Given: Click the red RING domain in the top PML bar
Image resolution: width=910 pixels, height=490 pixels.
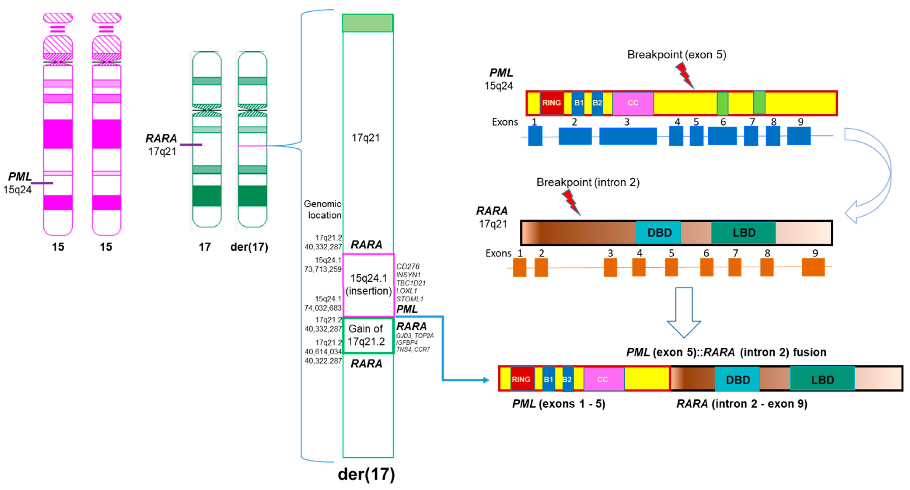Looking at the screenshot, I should click(x=551, y=103).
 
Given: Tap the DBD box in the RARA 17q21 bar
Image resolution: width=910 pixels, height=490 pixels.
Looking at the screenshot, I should click(x=659, y=233).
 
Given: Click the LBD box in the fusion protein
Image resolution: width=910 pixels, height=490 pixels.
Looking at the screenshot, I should click(x=822, y=379).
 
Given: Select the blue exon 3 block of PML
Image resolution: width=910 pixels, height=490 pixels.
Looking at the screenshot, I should click(x=628, y=136).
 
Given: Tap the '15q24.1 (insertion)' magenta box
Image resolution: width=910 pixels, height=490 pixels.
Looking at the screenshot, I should click(x=368, y=285).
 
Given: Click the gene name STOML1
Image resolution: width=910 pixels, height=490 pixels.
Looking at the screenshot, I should click(x=409, y=299).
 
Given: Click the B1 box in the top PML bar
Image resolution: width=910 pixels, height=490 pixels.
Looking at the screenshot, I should click(x=578, y=103).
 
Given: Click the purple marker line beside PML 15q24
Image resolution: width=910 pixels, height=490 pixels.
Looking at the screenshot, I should click(x=42, y=183).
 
